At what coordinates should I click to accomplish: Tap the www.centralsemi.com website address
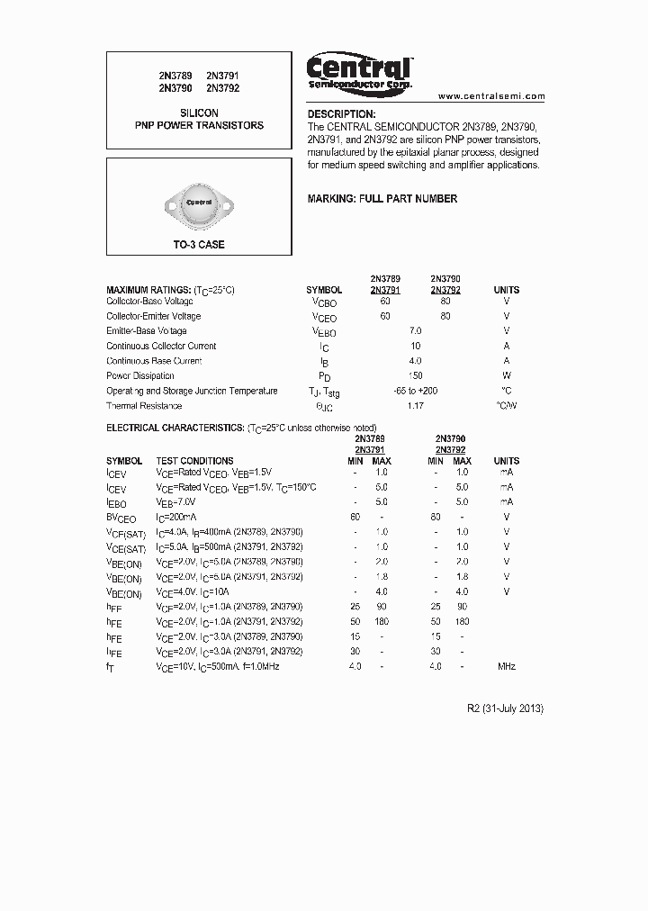point(491,96)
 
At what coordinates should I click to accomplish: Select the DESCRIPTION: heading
point(341,114)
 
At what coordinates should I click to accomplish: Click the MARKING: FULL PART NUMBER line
point(382,198)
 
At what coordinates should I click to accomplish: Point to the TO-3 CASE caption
point(199,245)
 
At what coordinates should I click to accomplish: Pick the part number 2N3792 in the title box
point(222,88)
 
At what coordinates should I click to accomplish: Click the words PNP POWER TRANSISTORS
point(199,125)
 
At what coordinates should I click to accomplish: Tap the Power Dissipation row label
point(142,375)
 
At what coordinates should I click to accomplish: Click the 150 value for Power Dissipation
point(415,375)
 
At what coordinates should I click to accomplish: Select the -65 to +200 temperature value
point(415,391)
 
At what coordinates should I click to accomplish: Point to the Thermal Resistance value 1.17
point(415,406)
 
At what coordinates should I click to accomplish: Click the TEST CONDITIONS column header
point(194,461)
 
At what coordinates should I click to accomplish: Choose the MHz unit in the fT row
point(507,666)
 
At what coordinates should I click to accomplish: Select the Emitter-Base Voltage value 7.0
point(415,331)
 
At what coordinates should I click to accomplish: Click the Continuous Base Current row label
point(154,361)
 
